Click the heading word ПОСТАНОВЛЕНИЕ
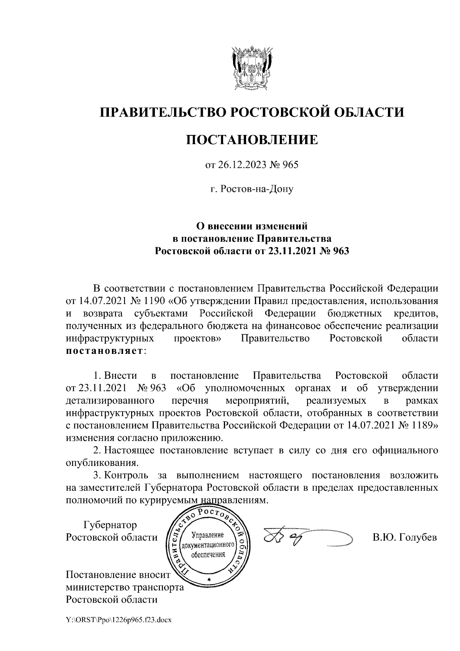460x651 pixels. (x=252, y=139)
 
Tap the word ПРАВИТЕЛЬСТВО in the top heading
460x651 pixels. (x=160, y=112)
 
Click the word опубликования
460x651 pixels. (x=101, y=462)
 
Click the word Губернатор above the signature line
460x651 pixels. (x=110, y=525)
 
